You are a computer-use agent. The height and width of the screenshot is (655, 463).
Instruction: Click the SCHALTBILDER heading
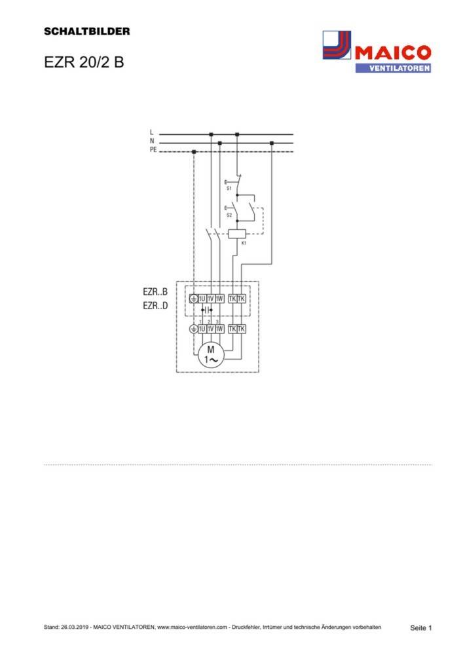87,31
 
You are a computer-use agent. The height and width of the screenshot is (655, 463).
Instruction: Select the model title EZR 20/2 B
83,64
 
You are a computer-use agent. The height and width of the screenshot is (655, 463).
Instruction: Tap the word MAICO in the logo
392,52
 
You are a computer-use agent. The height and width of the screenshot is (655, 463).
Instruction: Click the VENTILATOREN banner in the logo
393,67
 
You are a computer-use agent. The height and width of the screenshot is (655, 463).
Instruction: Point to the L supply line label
152,132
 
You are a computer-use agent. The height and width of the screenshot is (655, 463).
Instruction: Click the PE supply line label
153,150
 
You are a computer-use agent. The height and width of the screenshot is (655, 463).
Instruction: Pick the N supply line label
152,141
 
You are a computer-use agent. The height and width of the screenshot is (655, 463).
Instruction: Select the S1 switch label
229,188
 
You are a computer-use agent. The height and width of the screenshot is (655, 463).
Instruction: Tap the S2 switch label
229,215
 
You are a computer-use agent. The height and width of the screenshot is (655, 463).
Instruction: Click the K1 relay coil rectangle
236,233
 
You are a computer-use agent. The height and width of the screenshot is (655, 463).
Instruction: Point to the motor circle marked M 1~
211,356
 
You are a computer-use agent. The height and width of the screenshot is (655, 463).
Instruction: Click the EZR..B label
155,291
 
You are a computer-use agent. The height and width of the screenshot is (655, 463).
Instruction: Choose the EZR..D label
155,305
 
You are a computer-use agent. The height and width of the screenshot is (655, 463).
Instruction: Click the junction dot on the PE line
194,151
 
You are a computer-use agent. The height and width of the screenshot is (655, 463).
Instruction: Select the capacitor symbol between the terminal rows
207,309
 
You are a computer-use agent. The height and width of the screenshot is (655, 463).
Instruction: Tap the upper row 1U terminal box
202,299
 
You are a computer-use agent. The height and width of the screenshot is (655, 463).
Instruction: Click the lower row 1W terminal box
219,329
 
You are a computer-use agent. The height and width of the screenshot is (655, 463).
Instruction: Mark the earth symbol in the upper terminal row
193,299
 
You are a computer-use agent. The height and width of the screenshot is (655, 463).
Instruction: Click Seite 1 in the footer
420,628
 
